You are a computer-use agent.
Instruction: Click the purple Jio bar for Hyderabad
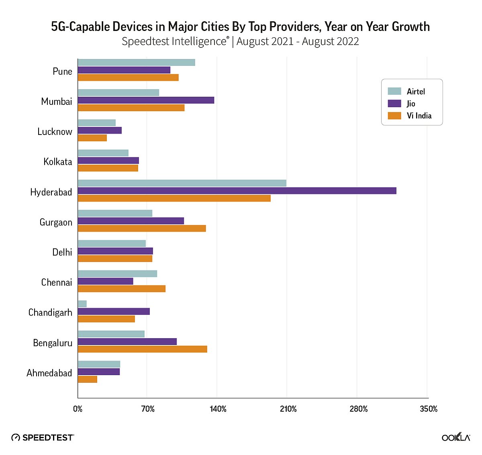(237, 191)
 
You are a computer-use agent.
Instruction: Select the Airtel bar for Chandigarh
(82, 304)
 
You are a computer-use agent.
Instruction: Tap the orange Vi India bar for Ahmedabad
(88, 380)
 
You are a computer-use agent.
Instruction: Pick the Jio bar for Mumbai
(146, 100)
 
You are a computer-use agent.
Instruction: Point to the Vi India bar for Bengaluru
(142, 349)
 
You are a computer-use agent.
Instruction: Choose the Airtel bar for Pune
(136, 62)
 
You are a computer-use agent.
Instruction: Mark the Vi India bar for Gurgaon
(142, 229)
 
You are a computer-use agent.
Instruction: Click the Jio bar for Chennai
(105, 281)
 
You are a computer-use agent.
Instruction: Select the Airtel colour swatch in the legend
(394, 91)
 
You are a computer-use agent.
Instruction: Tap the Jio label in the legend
(411, 104)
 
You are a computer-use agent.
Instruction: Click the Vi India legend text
(419, 116)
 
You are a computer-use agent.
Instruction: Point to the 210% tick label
(288, 409)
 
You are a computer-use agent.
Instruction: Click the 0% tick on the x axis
(78, 409)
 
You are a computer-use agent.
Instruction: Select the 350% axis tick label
(429, 409)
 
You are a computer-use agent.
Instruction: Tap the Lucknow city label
(55, 132)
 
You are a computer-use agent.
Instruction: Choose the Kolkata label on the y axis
(58, 162)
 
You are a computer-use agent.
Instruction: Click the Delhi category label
(62, 252)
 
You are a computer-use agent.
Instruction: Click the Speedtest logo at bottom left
(43, 437)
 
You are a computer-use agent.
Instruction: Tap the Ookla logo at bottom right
(456, 437)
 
